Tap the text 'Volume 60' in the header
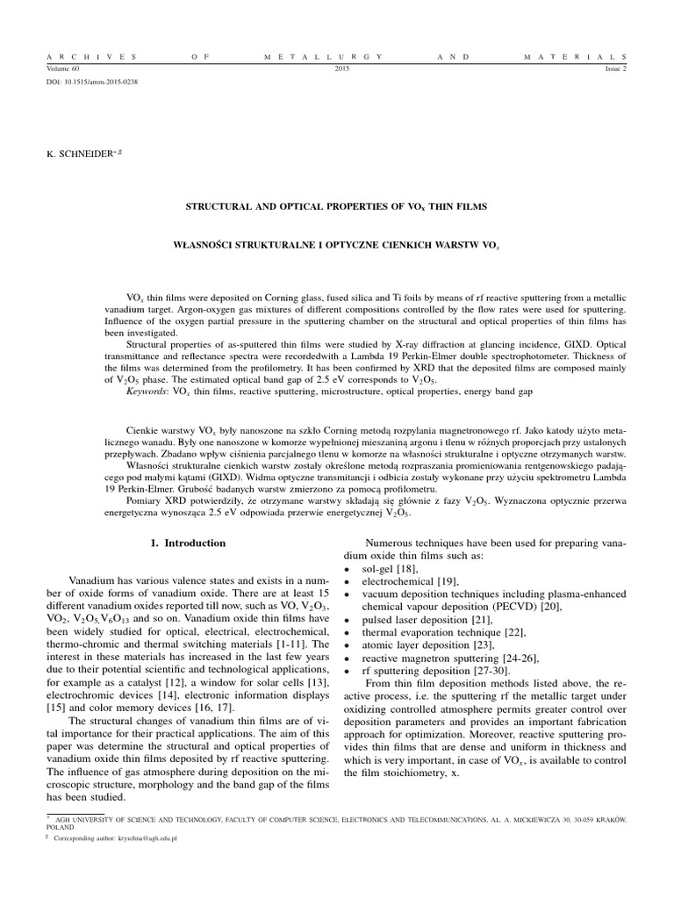(x=62, y=67)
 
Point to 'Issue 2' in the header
(x=612, y=67)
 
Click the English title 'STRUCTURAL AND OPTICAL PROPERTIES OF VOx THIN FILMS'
(x=336, y=205)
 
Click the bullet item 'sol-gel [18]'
(x=393, y=570)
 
